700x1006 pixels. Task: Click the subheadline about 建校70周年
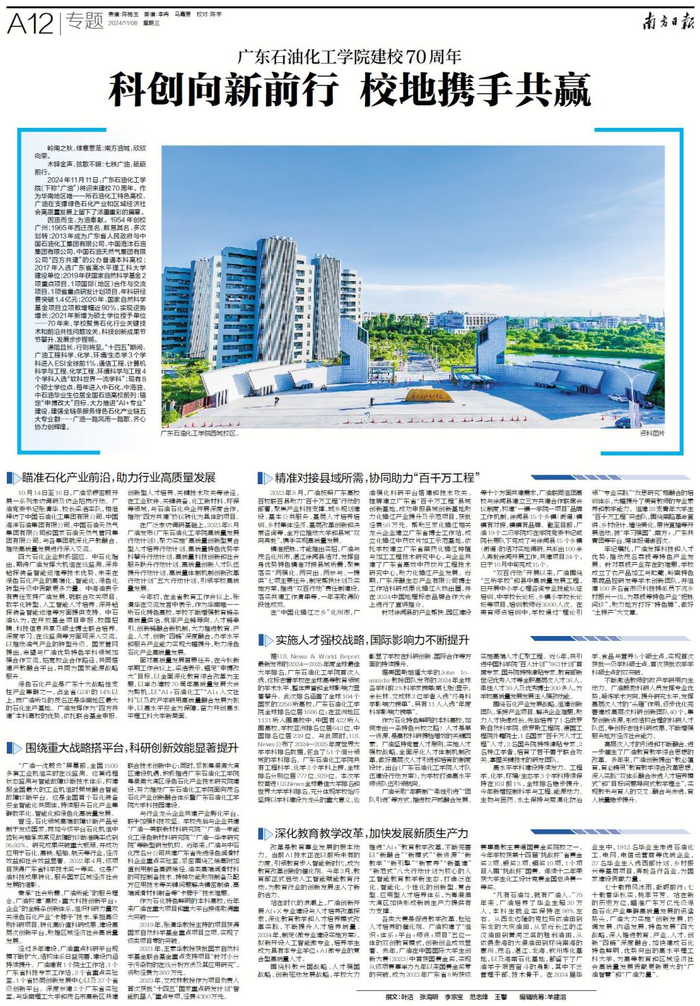coord(349,57)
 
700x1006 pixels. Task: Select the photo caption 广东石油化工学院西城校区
coord(200,433)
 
